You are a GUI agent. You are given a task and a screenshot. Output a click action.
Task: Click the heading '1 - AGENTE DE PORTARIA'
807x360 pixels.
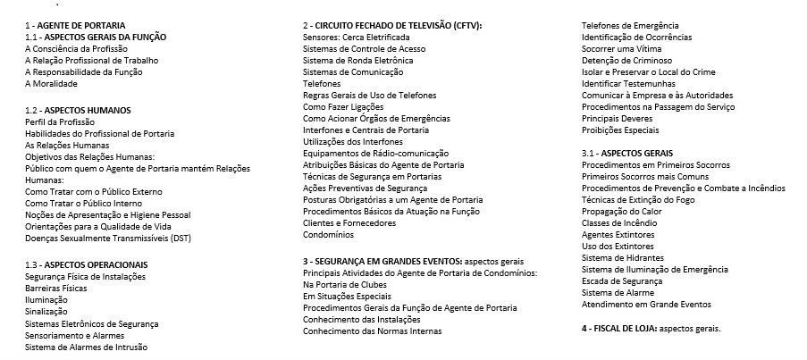click(x=75, y=25)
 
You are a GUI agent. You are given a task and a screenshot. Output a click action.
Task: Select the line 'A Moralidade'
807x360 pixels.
click(x=51, y=83)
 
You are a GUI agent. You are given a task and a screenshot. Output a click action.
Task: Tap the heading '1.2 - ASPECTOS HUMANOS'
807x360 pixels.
click(x=78, y=110)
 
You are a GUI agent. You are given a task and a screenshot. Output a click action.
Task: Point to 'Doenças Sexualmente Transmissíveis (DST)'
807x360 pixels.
click(x=108, y=239)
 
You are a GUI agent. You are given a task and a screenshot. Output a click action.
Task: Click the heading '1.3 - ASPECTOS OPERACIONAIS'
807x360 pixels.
click(x=86, y=264)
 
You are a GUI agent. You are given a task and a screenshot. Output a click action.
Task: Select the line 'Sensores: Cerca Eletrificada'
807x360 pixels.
click(x=357, y=37)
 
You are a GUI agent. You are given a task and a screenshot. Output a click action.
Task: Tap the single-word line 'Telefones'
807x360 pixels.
click(x=322, y=83)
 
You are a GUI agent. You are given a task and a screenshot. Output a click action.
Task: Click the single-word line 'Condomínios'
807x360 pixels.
click(x=328, y=235)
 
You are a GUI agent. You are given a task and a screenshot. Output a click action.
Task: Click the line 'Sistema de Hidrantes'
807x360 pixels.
click(x=623, y=257)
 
